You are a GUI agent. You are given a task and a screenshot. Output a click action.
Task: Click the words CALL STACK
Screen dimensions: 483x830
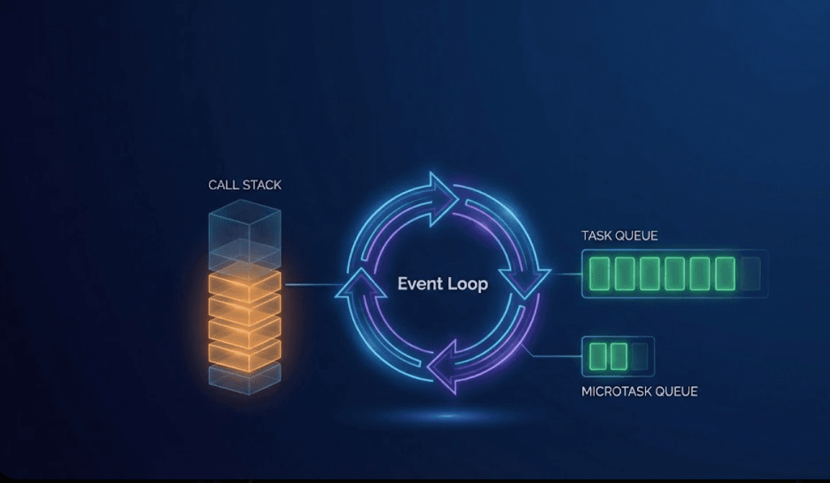click(244, 185)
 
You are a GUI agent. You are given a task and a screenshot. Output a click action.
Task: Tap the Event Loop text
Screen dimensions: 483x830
click(442, 284)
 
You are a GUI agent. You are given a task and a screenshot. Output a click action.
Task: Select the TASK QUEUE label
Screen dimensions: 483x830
click(619, 236)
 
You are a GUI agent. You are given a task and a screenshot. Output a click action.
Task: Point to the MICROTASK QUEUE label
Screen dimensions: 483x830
click(639, 391)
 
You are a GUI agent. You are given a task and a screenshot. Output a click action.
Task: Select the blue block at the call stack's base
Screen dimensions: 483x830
click(244, 379)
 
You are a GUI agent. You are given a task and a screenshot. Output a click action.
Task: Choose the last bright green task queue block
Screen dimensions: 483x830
click(725, 274)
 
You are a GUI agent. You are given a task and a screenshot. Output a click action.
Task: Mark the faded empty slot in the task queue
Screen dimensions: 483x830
click(750, 274)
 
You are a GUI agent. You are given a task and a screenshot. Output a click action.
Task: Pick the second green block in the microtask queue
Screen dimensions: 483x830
click(619, 356)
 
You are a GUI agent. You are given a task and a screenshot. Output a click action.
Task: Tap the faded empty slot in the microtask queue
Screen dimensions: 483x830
click(640, 356)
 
